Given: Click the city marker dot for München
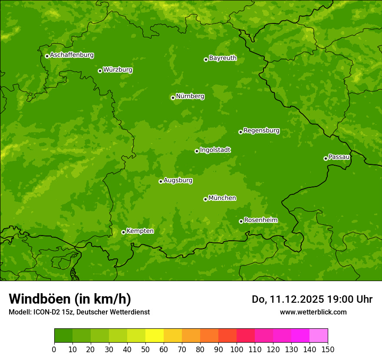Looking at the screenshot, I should coord(205,199).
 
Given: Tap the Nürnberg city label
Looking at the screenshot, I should coord(190,96).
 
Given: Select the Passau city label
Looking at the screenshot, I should coord(339,157).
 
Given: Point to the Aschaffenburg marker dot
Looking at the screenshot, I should coord(47,56).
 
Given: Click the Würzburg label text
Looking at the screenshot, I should coord(118,70).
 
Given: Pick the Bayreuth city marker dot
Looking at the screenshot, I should coord(206,59).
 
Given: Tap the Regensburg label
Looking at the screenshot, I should coord(261,131).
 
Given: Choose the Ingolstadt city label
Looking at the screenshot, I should coord(215,150).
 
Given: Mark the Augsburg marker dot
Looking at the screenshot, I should coord(161,181).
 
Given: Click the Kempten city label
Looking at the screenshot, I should coord(140,231).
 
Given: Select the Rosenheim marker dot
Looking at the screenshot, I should coord(241,221).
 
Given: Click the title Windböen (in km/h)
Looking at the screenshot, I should coord(70,299).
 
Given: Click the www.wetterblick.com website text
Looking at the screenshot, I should coord(313,312).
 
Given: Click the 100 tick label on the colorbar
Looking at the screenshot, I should coord(237,349).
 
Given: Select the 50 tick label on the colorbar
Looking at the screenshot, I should coord(145,349).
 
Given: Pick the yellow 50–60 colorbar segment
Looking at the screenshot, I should coord(155,336).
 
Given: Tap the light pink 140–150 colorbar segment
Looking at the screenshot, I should coord(319,336).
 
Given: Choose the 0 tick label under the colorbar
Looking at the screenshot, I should coord(54,349).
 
